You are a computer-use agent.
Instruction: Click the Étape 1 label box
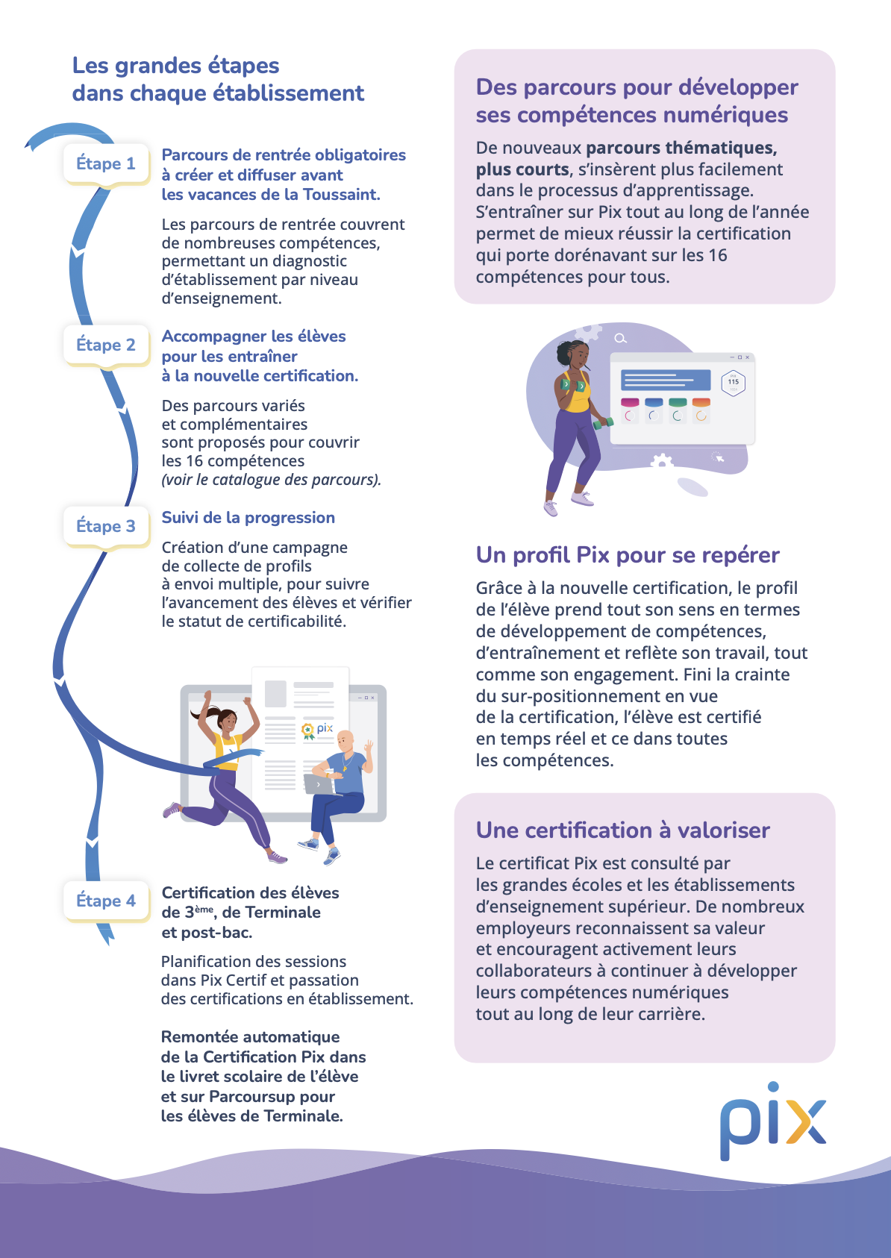[x=106, y=163]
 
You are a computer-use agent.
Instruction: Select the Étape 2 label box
[x=106, y=345]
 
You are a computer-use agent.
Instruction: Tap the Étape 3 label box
[x=106, y=526]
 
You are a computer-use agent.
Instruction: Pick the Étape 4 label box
[x=106, y=901]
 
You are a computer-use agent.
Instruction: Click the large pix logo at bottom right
[x=773, y=1121]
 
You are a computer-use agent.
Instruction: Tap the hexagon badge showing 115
[x=733, y=383]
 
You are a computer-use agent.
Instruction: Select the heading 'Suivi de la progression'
[x=248, y=518]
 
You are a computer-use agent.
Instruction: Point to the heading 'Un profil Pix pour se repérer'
[x=628, y=555]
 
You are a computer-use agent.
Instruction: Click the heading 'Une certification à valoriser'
[x=622, y=830]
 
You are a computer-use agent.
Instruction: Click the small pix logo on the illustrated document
[x=317, y=730]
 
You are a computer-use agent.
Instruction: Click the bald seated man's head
[x=345, y=742]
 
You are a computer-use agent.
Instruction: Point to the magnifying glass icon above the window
[x=620, y=338]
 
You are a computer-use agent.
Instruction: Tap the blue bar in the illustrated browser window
[x=666, y=381]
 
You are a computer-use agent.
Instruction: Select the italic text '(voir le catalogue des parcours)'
[x=272, y=480]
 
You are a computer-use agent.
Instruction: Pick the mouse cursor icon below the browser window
[x=719, y=457]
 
